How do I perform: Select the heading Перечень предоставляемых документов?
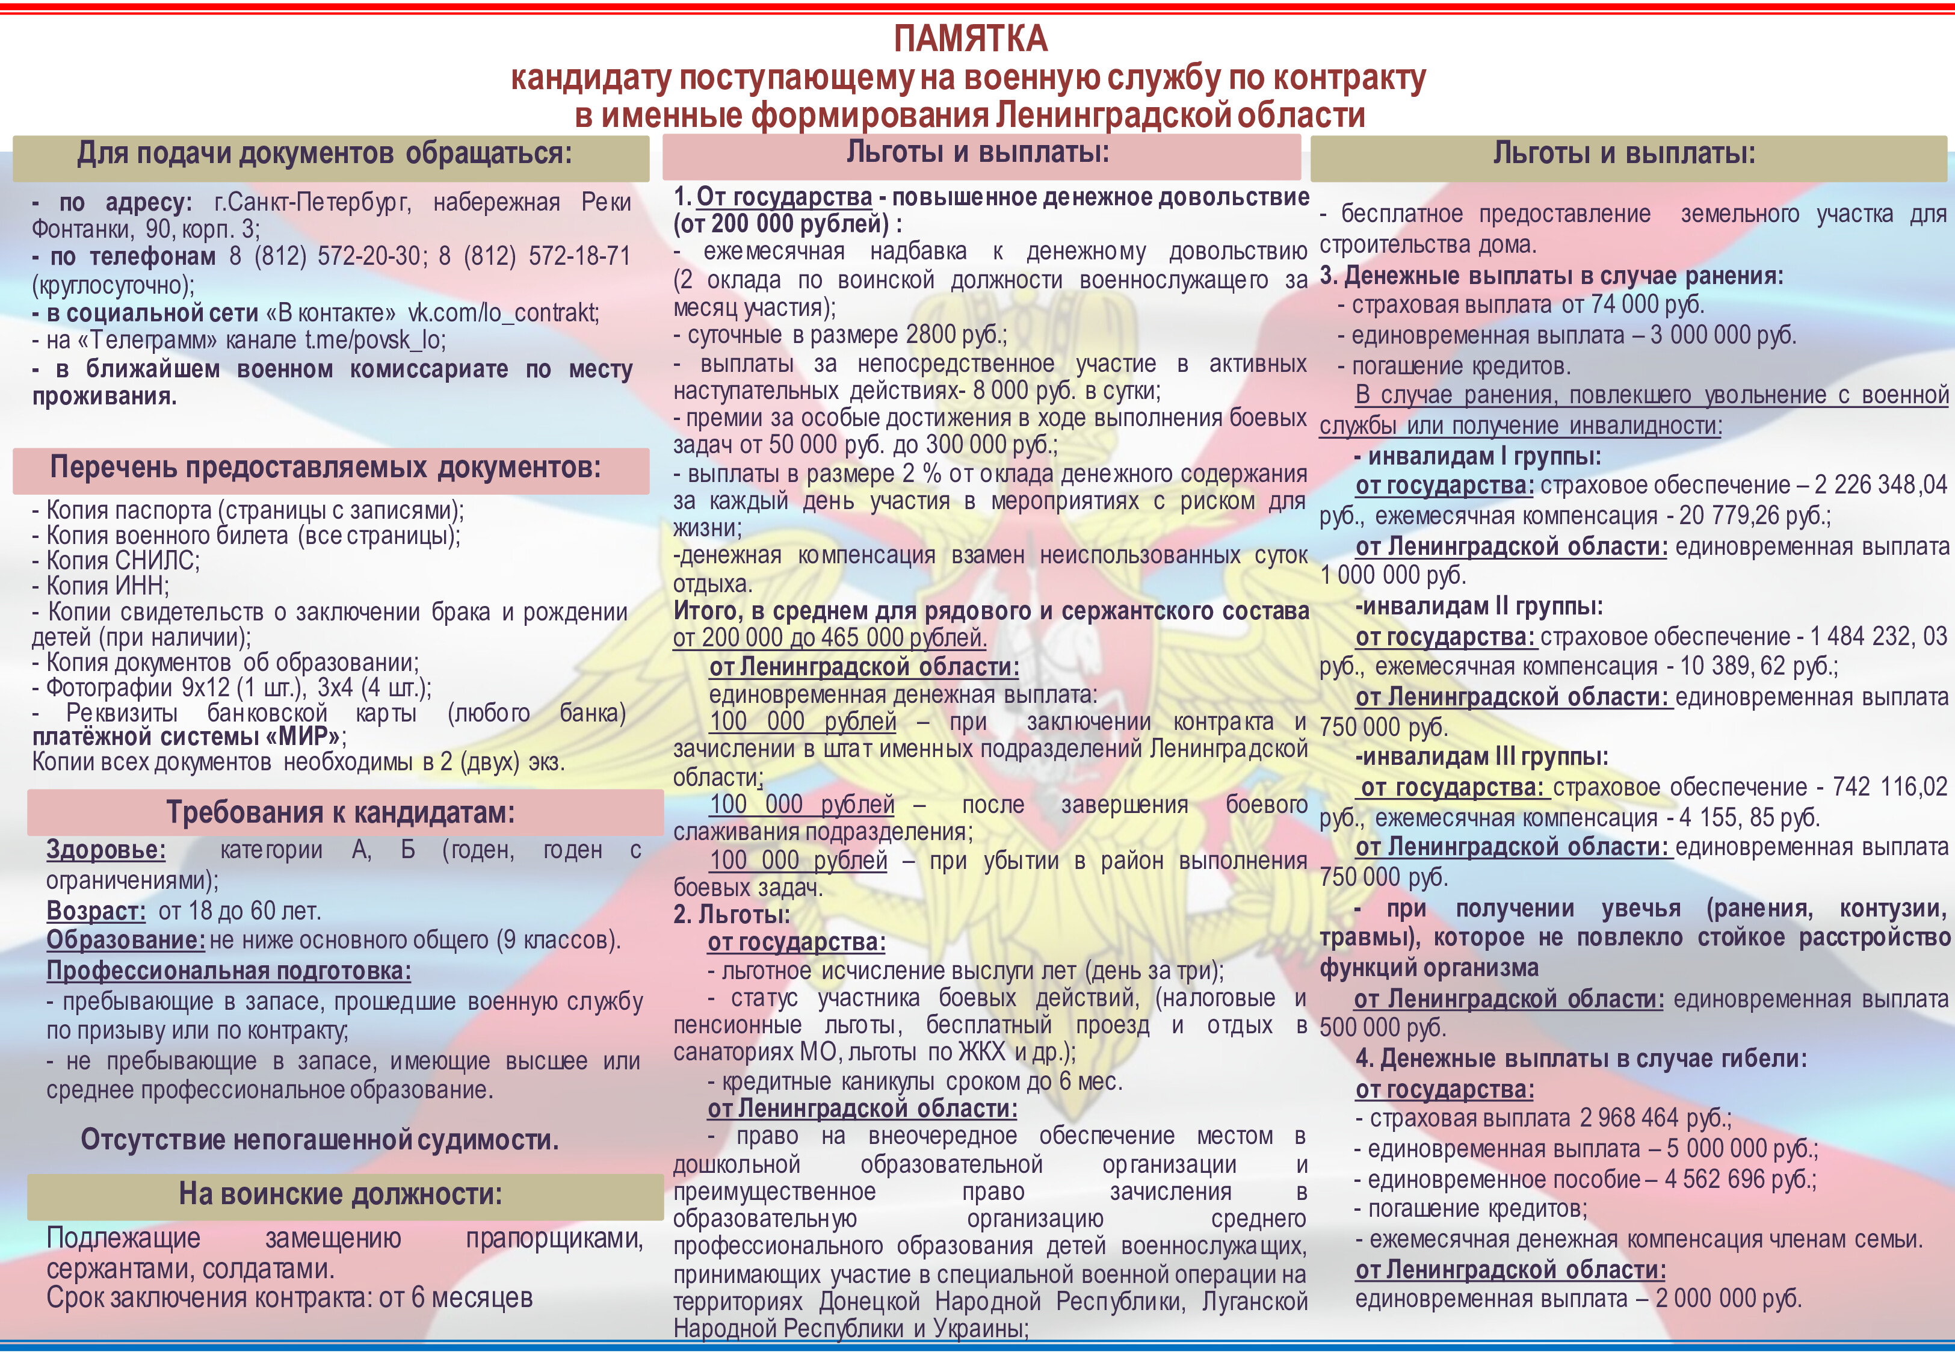325,468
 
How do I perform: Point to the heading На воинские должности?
340,1195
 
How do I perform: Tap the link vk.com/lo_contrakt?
503,313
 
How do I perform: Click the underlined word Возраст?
96,911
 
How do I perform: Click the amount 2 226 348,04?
1880,485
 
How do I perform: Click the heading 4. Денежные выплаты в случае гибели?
1581,1059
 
